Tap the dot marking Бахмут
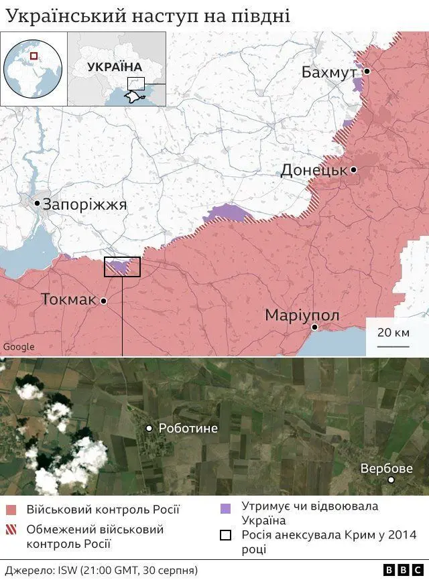tap(367, 71)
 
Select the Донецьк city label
tap(314, 170)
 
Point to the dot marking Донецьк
tap(354, 170)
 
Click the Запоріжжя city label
tap(84, 204)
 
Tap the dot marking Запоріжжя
tap(37, 203)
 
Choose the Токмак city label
tap(68, 299)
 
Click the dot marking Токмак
tap(104, 301)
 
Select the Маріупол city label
tap(302, 315)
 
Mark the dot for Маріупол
tap(314, 328)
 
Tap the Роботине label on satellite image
tap(188, 428)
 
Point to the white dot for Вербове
tap(391, 480)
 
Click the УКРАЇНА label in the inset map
tap(114, 67)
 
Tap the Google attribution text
tap(19, 347)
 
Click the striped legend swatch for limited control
tap(11, 530)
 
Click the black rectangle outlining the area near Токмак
tap(122, 267)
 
